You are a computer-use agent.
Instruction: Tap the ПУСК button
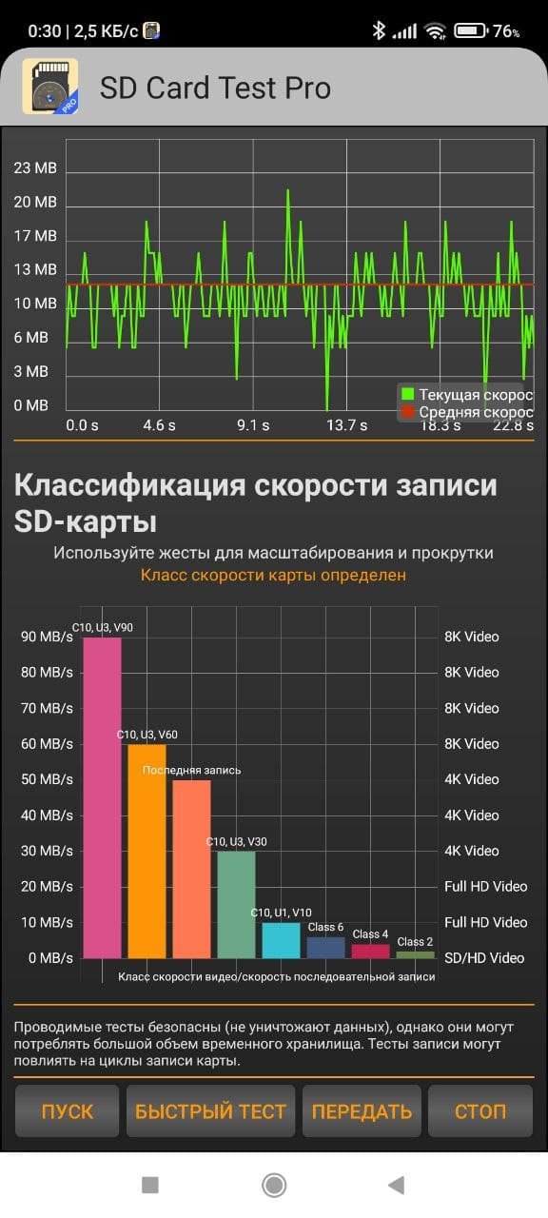(67, 1110)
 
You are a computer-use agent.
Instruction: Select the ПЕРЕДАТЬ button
(362, 1110)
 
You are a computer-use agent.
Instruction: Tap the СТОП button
(480, 1110)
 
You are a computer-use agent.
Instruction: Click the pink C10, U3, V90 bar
(102, 797)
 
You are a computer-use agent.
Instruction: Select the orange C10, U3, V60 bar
(147, 851)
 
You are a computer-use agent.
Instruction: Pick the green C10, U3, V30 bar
(237, 905)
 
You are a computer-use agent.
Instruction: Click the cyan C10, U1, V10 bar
(281, 940)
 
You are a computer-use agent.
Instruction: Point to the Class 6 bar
(325, 947)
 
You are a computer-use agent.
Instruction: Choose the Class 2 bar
(416, 954)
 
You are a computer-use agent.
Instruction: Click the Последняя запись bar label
(191, 770)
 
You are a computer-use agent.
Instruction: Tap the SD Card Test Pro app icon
(50, 87)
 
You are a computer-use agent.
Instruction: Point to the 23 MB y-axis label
(35, 168)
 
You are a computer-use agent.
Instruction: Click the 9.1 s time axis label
(253, 425)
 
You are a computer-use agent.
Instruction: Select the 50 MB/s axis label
(47, 779)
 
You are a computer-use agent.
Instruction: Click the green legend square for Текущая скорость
(407, 394)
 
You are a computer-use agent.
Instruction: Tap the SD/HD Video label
(484, 958)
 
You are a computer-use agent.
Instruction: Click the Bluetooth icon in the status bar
(379, 30)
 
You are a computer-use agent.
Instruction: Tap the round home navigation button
(274, 1185)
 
